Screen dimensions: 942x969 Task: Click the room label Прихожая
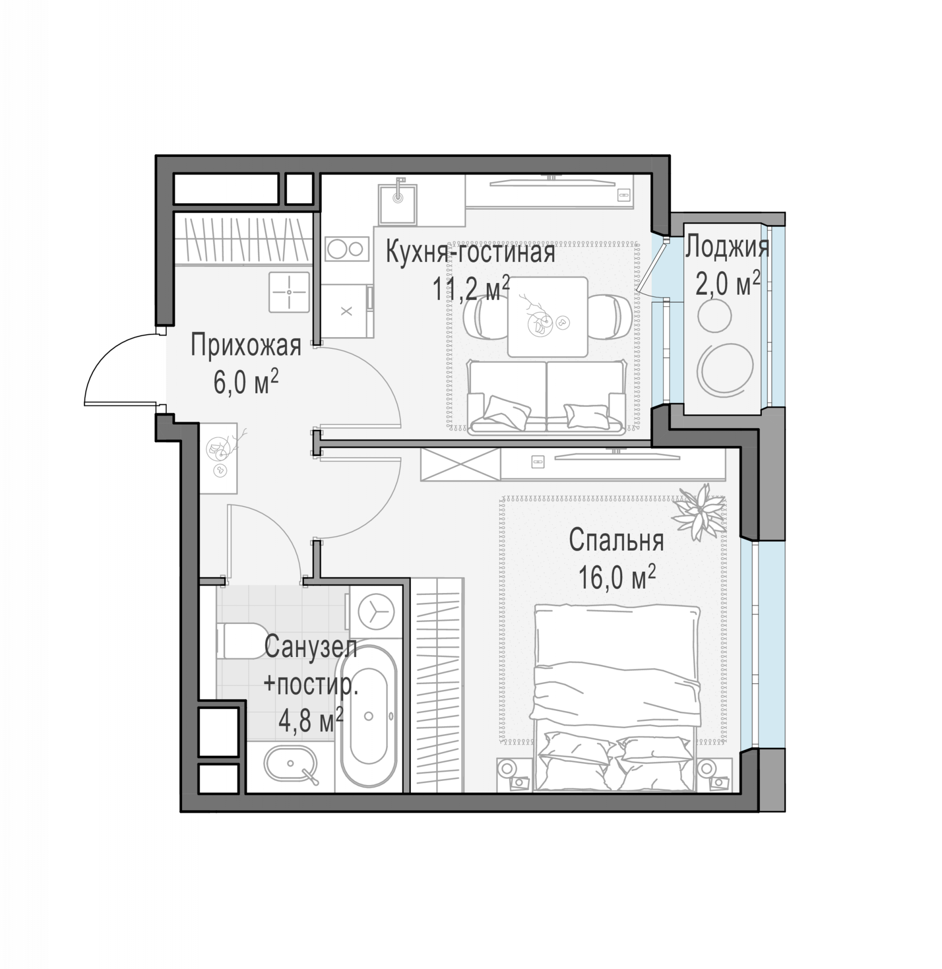246,345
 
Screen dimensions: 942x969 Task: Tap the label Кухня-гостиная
470,252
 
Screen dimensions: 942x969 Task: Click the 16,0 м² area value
617,578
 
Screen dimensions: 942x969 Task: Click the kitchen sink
398,204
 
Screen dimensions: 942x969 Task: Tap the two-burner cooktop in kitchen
347,249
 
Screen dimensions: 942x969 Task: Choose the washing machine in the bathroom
376,612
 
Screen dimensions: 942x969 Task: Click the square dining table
548,317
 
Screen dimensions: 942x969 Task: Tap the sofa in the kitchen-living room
546,398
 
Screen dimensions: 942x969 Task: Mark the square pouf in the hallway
290,292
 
